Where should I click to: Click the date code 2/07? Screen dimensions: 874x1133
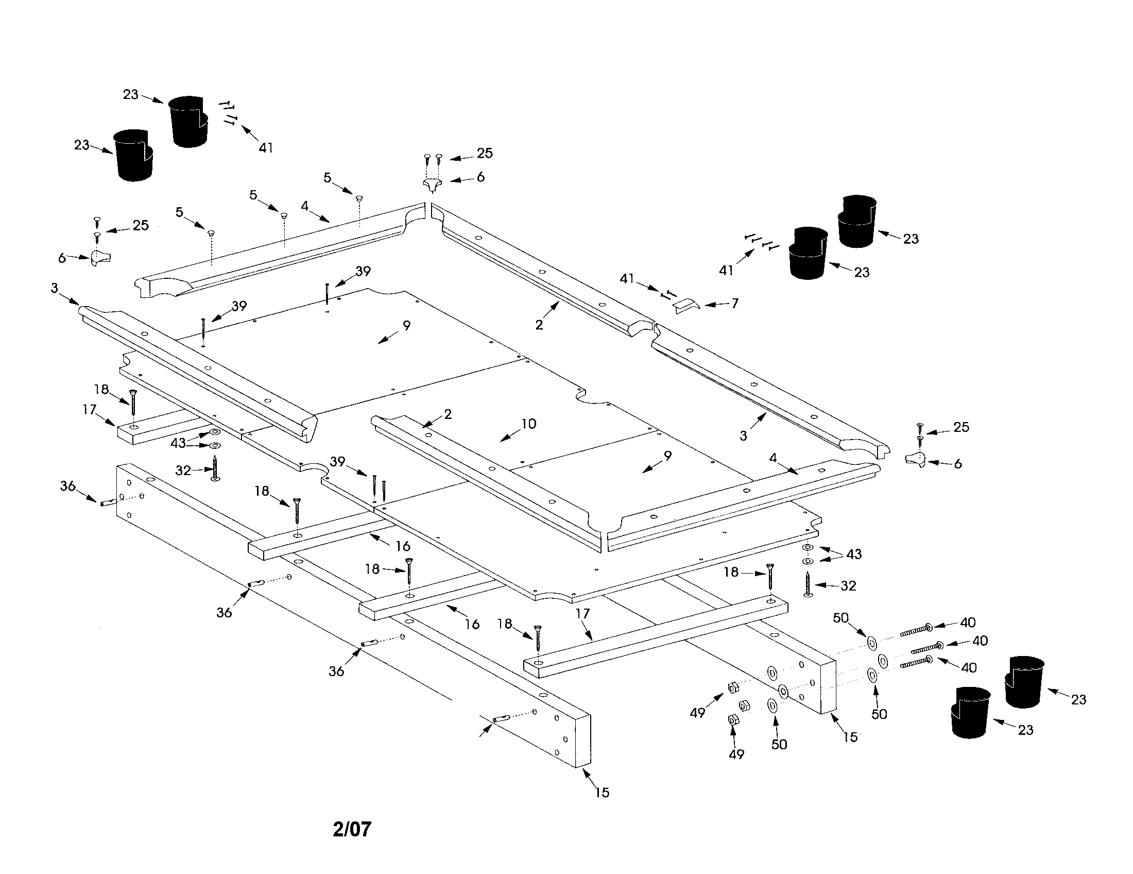352,829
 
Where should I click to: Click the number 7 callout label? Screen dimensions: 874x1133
734,303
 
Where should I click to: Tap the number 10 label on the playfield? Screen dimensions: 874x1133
528,424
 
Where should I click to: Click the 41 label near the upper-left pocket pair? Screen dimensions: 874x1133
266,148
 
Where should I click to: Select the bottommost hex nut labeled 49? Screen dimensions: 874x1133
733,720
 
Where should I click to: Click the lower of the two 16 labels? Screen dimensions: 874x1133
472,625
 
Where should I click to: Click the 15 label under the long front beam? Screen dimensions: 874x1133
602,793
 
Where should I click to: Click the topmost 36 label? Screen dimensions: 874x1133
68,486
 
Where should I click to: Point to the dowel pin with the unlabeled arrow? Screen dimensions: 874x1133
500,719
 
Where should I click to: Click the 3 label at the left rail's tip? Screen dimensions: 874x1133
55,288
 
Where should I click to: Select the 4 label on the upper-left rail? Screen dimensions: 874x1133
305,206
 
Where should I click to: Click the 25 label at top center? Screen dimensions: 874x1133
485,153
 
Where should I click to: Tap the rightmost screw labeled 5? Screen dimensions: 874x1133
358,198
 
